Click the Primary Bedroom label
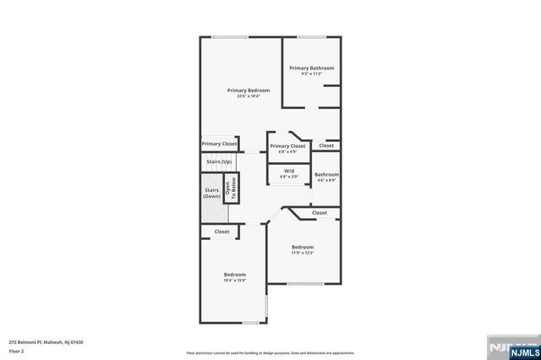(x=249, y=90)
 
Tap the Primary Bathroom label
(x=311, y=68)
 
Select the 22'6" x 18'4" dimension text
(x=249, y=95)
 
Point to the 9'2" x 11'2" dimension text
(x=311, y=74)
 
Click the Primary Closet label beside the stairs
(x=219, y=144)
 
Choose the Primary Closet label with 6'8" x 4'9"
(x=287, y=146)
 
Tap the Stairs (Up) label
(x=219, y=161)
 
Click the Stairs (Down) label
(x=212, y=194)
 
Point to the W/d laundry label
(x=289, y=171)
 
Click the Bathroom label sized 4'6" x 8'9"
(x=326, y=174)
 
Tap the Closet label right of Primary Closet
(x=326, y=145)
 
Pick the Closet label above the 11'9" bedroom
(x=319, y=213)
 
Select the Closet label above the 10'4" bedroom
(x=221, y=232)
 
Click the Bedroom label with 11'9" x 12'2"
(x=303, y=247)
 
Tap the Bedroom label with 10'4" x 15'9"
(x=235, y=275)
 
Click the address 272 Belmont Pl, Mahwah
(x=46, y=341)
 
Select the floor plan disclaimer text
(x=270, y=352)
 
